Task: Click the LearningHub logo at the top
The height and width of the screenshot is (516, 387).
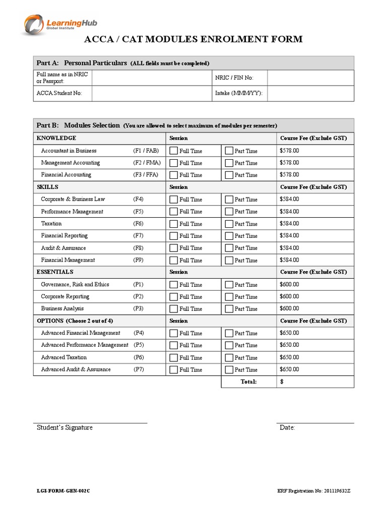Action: (60, 24)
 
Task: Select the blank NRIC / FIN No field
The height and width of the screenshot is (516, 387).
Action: (310, 78)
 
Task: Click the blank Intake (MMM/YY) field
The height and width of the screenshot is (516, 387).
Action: (310, 93)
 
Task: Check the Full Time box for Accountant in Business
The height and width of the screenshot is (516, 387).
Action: (174, 151)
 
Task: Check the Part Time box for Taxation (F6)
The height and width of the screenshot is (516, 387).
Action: (229, 224)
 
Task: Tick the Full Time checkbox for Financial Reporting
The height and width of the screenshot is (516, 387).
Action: (174, 236)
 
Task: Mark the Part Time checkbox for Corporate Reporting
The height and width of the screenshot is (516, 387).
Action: (229, 297)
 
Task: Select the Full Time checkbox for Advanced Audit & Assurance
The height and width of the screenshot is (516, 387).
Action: (174, 369)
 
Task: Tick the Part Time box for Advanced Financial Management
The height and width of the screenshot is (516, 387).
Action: (229, 333)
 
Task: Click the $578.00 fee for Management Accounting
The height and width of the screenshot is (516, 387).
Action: (289, 163)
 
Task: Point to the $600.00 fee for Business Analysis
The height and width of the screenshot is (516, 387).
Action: (289, 308)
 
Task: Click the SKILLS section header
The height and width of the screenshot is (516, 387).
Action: (48, 187)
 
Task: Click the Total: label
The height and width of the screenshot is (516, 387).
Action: (248, 382)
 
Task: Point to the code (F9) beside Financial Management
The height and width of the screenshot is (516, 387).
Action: (139, 260)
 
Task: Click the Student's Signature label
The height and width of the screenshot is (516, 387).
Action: (64, 428)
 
